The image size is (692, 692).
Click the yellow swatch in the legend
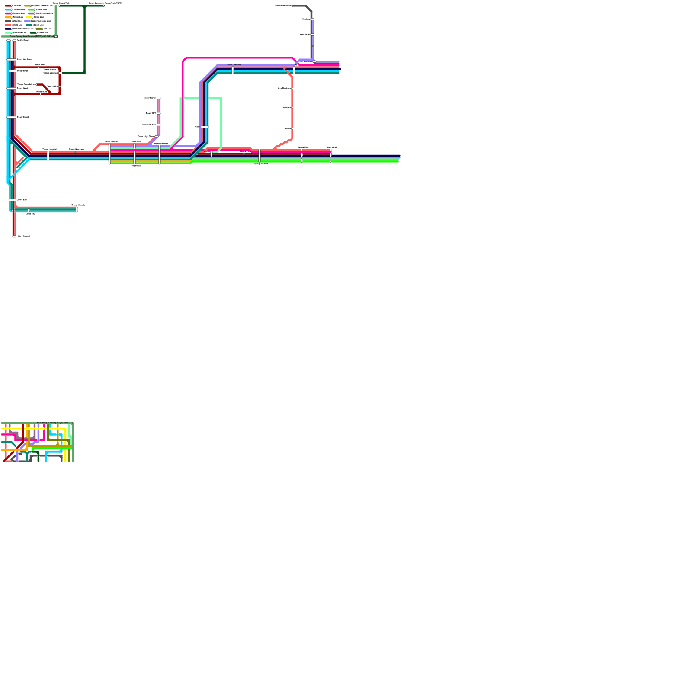tap(29, 17)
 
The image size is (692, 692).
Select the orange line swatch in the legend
tap(8, 17)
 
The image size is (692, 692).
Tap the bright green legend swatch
tap(31, 10)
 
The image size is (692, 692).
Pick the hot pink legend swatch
tap(8, 13)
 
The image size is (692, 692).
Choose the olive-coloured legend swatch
tap(39, 29)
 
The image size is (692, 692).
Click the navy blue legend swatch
tap(8, 29)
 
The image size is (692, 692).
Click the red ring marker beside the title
tap(56, 37)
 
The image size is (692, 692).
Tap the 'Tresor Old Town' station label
tap(24, 59)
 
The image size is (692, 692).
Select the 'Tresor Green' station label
tap(23, 117)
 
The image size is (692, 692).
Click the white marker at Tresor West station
tap(11, 88)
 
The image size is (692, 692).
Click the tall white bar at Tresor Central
tap(109, 154)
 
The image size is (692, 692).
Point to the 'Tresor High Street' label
tap(146, 136)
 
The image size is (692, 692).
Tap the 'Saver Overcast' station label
tap(234, 64)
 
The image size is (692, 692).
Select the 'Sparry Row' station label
tap(303, 147)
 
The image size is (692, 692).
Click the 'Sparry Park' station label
tap(332, 147)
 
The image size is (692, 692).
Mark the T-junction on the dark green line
tap(84, 6)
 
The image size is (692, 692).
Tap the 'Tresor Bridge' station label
tap(49, 69)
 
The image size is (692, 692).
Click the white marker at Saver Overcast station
tap(233, 70)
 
